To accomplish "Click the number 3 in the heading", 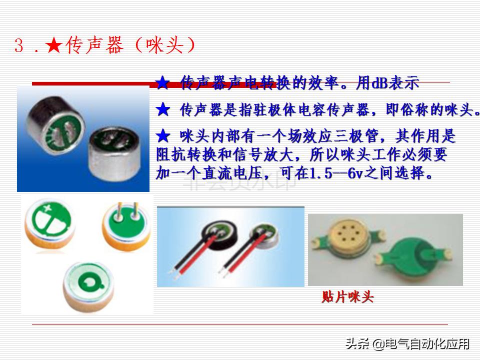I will tap(19, 46).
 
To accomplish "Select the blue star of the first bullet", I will tap(163, 82).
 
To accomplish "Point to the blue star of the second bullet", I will tap(163, 109).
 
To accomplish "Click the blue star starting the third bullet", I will tap(163, 136).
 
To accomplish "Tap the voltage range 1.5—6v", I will tap(333, 174).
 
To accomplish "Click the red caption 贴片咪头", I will tap(347, 297).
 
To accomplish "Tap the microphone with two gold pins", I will tap(123, 224).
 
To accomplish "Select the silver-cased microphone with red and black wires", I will tap(265, 235).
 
